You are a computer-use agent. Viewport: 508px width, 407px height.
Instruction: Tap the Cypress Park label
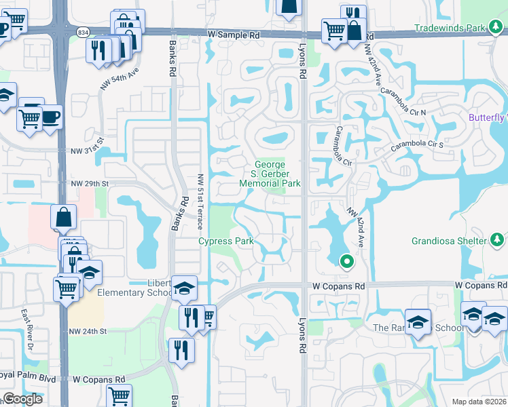pyautogui.click(x=225, y=241)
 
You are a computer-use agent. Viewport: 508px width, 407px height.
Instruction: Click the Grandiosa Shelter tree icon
pyautogui.click(x=497, y=240)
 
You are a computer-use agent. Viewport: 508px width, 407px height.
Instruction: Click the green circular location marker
pyautogui.click(x=346, y=260)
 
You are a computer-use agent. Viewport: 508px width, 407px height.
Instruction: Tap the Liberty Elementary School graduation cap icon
pyautogui.click(x=183, y=288)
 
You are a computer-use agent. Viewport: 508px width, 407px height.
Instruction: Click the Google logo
pyautogui.click(x=22, y=399)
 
